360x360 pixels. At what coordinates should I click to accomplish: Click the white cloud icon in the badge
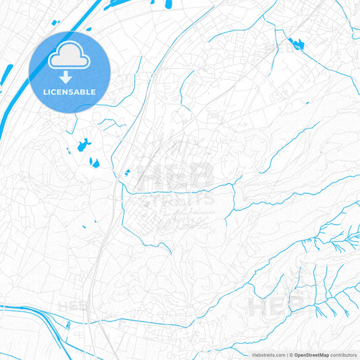69,57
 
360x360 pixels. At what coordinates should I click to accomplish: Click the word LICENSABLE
69,91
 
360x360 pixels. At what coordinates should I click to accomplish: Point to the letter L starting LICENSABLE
44,91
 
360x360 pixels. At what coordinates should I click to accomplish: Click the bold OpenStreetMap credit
311,355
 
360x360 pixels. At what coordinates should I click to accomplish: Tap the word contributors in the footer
343,355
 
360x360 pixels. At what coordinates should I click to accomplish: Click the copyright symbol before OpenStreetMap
292,355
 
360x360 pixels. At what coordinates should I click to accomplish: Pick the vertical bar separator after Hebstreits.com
286,355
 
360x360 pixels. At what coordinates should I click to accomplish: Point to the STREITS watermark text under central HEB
177,200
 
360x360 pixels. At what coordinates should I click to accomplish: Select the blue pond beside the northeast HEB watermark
296,45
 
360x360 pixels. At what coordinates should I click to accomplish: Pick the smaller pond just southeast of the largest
95,163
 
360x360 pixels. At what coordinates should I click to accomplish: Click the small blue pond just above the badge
56,22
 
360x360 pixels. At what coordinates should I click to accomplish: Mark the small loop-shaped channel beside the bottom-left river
68,326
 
